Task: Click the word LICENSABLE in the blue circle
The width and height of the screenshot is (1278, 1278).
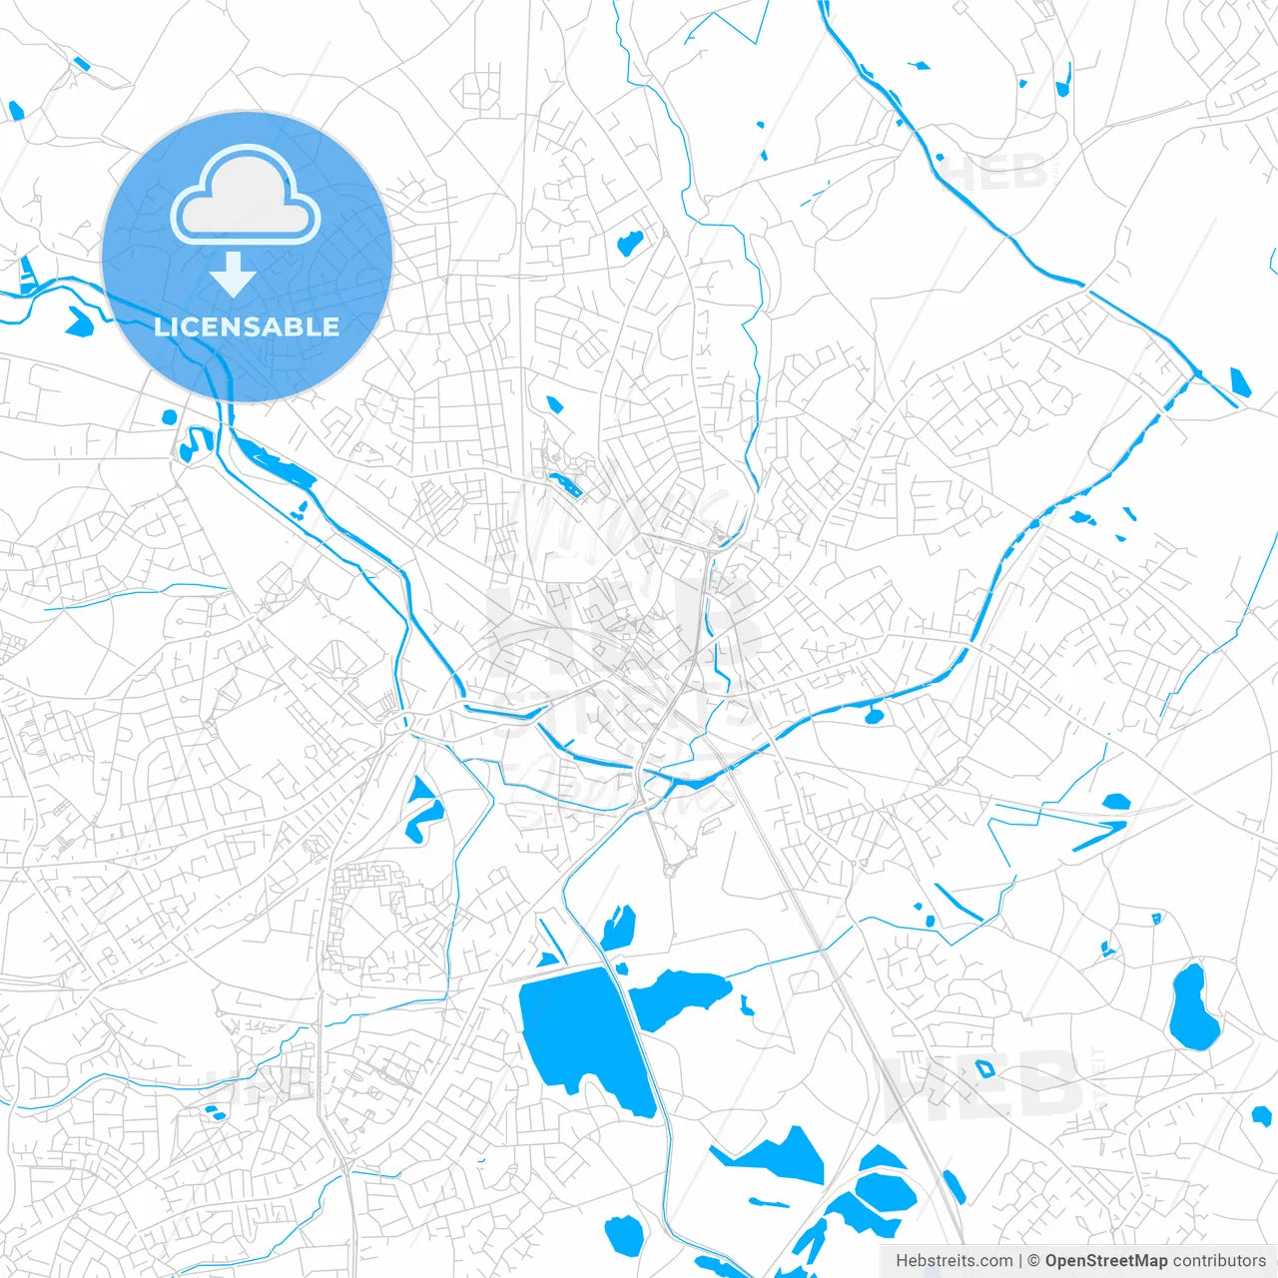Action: pyautogui.click(x=247, y=326)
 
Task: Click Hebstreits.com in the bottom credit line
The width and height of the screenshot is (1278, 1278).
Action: pyautogui.click(x=955, y=1261)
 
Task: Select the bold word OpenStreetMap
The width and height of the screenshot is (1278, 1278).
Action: pyautogui.click(x=1106, y=1261)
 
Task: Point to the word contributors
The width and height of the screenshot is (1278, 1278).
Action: pyautogui.click(x=1219, y=1261)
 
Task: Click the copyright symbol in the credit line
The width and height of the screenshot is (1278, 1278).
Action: pyautogui.click(x=1034, y=1261)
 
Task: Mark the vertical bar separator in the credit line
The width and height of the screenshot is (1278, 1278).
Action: pyautogui.click(x=1020, y=1261)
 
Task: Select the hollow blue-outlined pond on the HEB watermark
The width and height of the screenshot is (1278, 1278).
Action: pyautogui.click(x=984, y=1069)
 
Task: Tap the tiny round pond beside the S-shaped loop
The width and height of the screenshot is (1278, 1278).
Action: pyautogui.click(x=169, y=416)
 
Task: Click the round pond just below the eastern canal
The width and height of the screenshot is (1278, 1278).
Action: pyautogui.click(x=874, y=715)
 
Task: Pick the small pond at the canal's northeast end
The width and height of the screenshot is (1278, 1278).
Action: pyautogui.click(x=1240, y=382)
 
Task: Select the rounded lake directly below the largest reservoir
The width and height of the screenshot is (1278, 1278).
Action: pyautogui.click(x=625, y=1236)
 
